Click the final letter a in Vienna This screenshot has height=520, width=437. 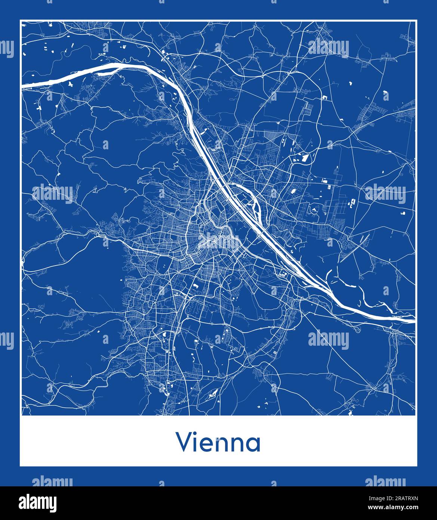[x=253, y=444]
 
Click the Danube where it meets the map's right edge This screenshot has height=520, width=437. [x=413, y=320]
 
